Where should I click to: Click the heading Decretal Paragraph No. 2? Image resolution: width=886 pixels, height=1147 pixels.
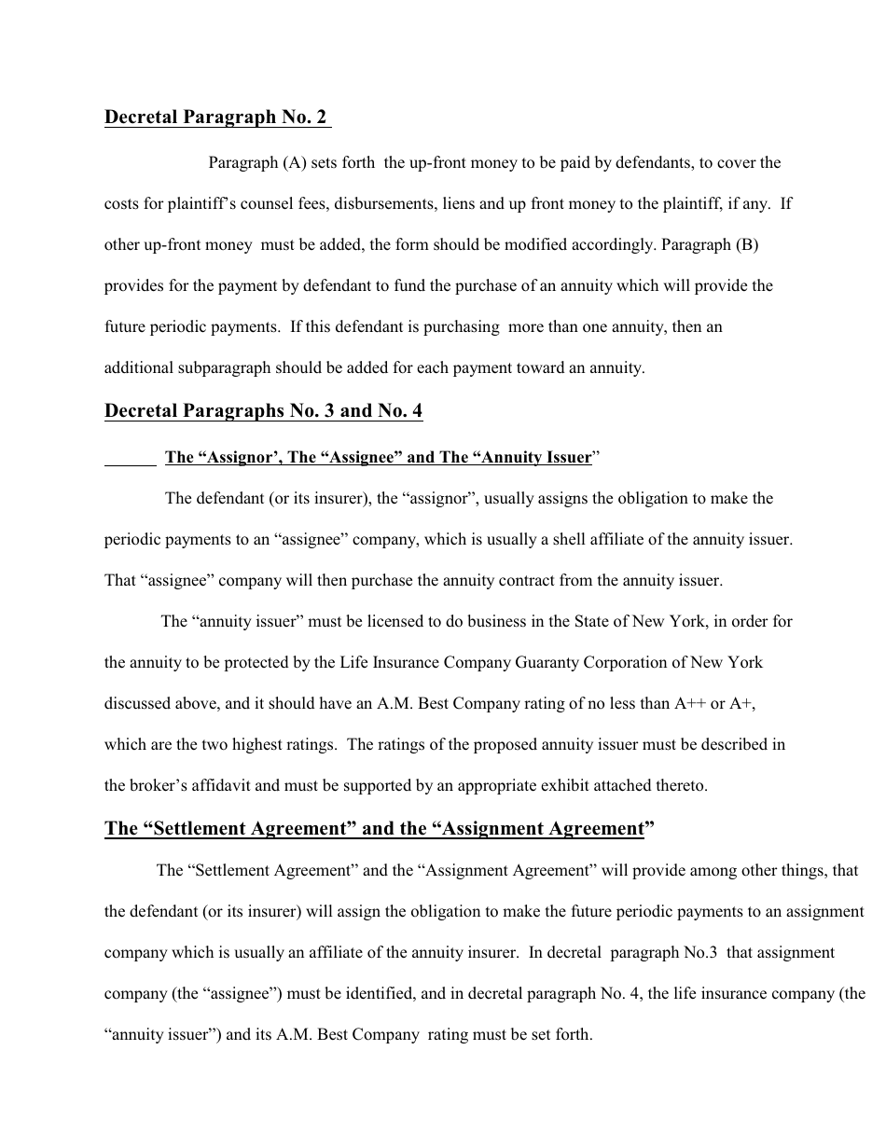tap(216, 117)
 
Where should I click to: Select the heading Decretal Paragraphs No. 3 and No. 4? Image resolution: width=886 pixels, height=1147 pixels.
tap(263, 411)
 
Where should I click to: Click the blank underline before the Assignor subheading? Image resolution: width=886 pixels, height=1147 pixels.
tap(130, 458)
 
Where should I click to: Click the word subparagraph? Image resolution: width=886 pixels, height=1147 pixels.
tap(224, 368)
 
